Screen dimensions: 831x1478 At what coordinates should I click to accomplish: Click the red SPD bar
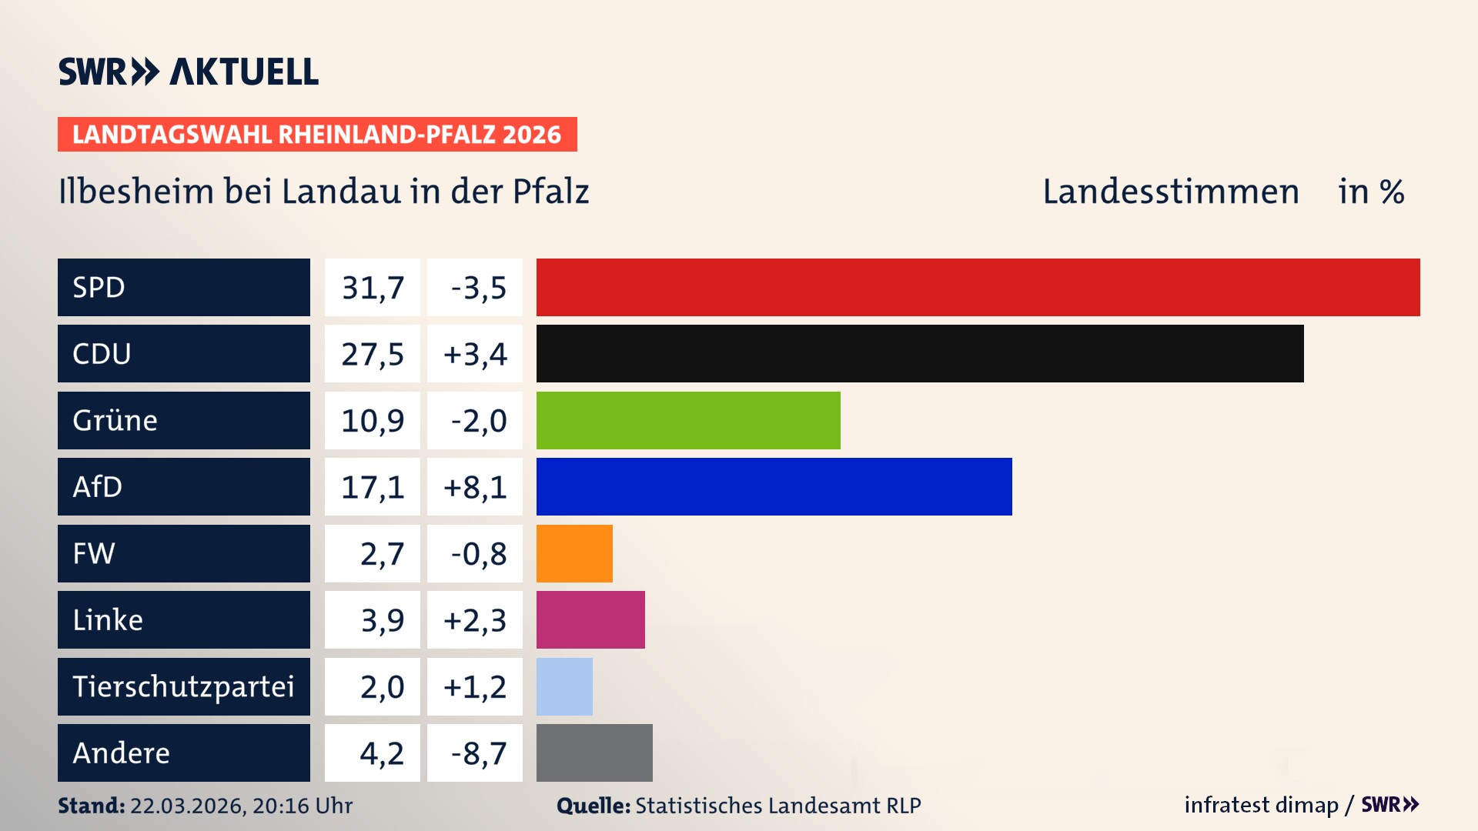pos(978,287)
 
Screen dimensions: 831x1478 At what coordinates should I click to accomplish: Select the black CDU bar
pos(920,353)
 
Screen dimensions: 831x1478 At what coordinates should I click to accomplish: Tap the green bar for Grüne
pos(688,420)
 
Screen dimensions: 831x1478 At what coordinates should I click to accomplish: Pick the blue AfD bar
pos(774,486)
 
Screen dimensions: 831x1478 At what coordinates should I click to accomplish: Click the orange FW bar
pos(574,553)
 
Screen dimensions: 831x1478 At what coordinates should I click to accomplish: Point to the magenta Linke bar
pos(590,619)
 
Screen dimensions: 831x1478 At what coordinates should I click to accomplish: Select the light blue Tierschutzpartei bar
pos(564,686)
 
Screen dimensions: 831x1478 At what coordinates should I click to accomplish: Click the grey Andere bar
pos(594,753)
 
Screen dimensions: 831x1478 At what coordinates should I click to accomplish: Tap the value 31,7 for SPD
pos(373,288)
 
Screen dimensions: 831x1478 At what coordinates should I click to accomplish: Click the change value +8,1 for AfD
pos(475,487)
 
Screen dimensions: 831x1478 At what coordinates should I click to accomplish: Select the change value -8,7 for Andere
pos(478,753)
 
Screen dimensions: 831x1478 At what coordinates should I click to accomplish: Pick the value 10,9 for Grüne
pos(373,421)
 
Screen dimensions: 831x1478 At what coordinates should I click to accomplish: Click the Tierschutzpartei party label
pos(183,686)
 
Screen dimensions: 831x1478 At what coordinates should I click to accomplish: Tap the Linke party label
pos(108,620)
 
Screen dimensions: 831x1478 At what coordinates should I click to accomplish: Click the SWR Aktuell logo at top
pos(189,72)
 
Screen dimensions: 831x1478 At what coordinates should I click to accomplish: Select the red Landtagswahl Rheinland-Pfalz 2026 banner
pos(317,135)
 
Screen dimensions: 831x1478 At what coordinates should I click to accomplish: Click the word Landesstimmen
pos(1170,192)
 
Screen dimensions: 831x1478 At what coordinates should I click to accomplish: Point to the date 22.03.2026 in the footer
pos(187,806)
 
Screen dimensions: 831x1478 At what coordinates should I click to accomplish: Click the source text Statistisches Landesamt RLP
pos(777,806)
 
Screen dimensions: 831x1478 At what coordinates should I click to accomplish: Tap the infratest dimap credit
pos(1261,805)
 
